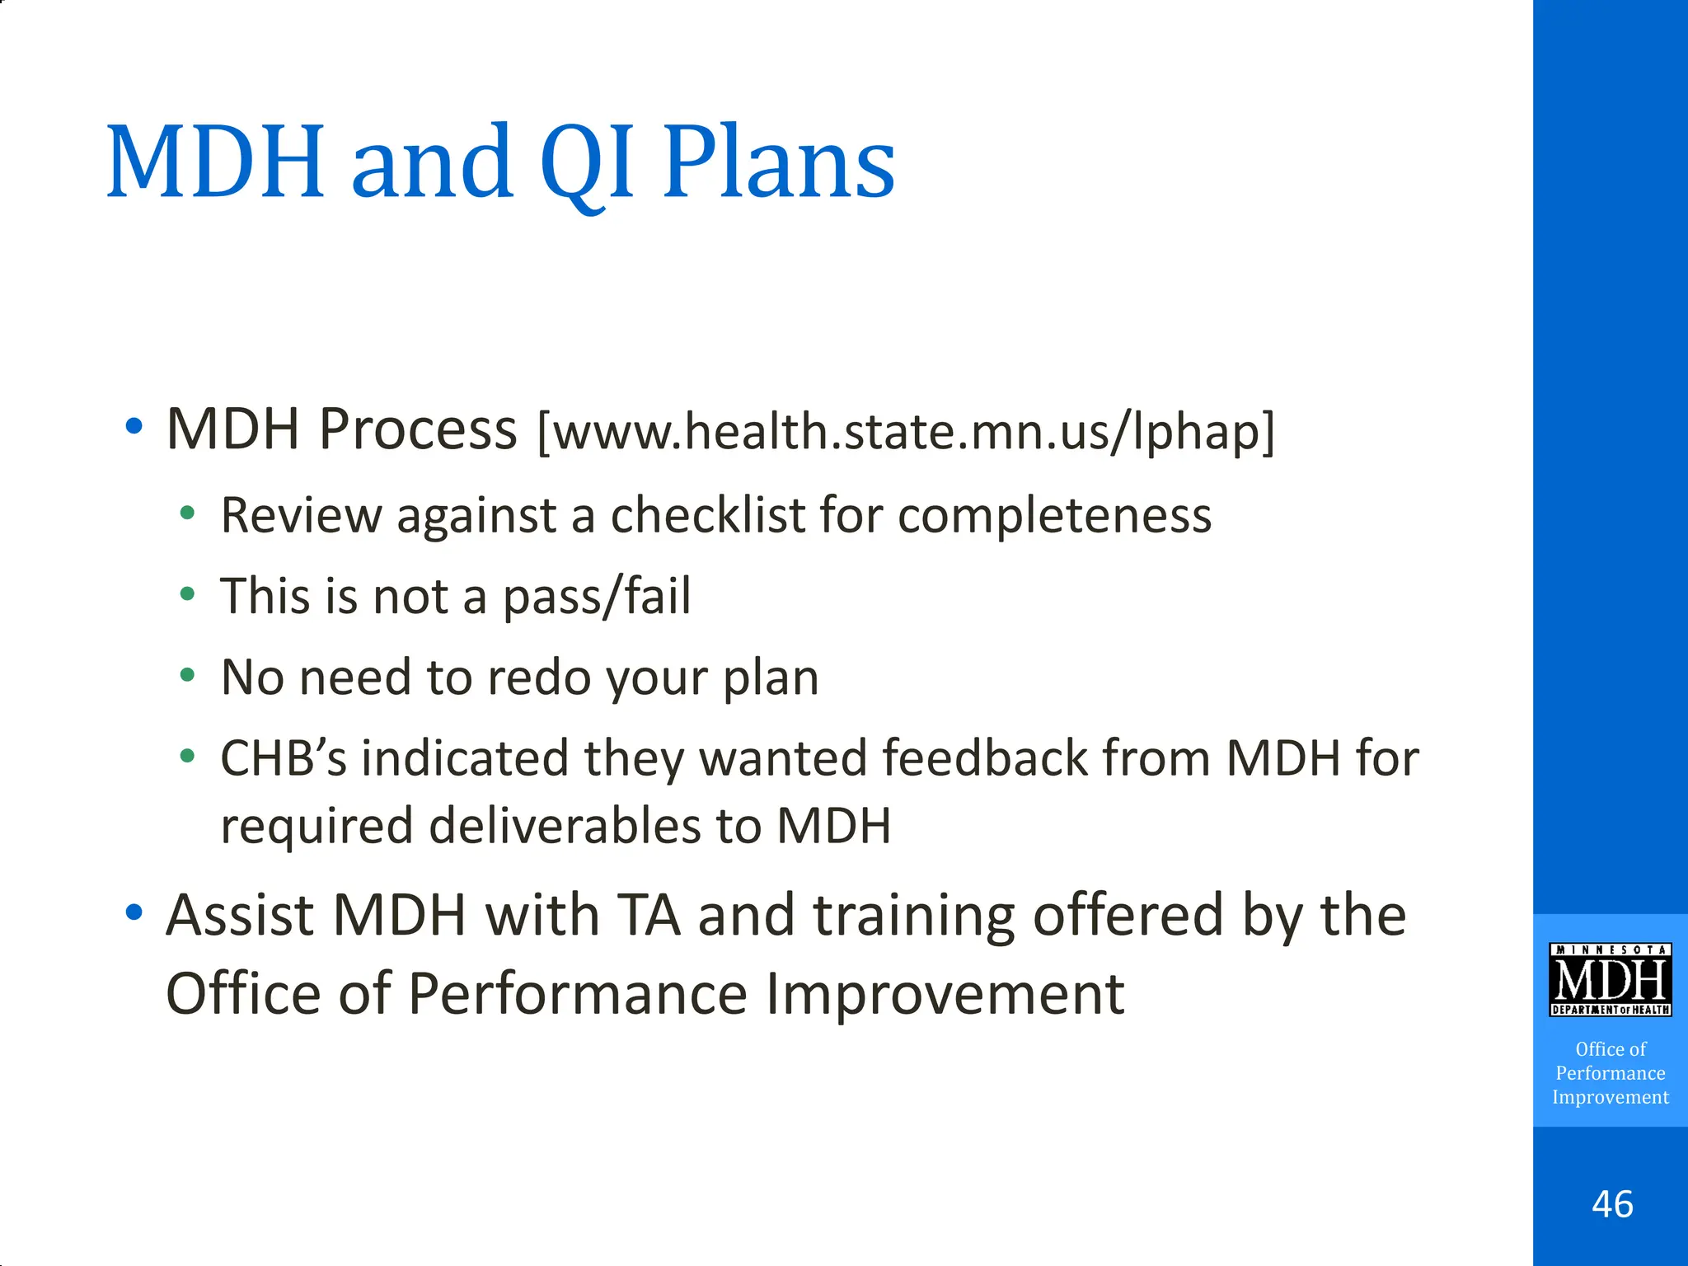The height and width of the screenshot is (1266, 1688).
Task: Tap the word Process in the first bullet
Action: coord(418,430)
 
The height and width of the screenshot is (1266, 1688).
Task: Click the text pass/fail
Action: coord(597,597)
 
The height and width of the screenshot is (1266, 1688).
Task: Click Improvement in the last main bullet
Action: coord(945,994)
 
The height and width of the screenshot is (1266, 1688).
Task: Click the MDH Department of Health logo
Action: coord(1610,980)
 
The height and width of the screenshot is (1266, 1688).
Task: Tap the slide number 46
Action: coord(1612,1204)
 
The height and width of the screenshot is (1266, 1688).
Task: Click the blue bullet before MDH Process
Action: coord(134,427)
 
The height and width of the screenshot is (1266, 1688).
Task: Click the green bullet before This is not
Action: coord(188,594)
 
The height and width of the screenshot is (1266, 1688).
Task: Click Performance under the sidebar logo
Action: coord(1610,1073)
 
